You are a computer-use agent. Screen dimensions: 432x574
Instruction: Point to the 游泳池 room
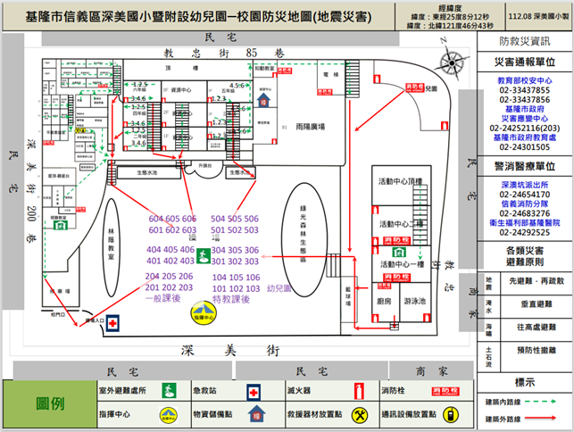[x=415, y=302]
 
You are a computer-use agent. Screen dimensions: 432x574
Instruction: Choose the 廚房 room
[x=384, y=302]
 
